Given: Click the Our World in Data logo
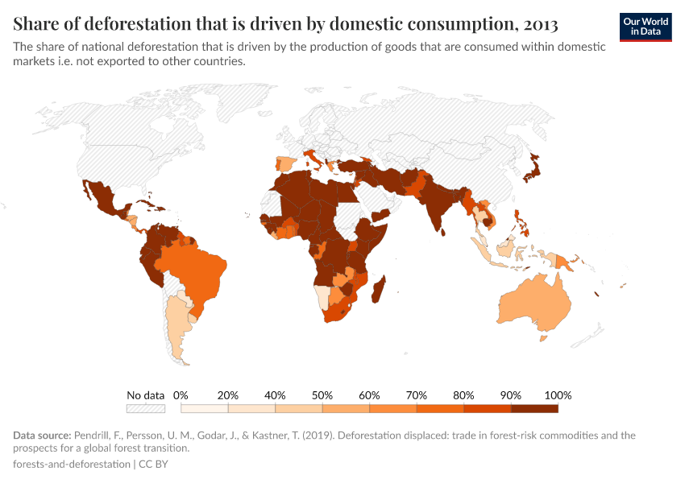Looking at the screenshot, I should pyautogui.click(x=646, y=27).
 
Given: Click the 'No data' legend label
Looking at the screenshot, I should pyautogui.click(x=146, y=395).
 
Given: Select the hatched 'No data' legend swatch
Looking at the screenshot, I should pyautogui.click(x=146, y=409).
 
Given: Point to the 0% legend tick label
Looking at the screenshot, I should pyautogui.click(x=181, y=395).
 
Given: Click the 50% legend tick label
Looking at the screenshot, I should pyautogui.click(x=322, y=395).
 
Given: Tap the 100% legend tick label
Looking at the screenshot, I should pyautogui.click(x=558, y=395).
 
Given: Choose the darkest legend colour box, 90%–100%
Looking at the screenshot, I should pyautogui.click(x=534, y=409).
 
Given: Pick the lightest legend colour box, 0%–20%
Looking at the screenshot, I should pyautogui.click(x=204, y=409).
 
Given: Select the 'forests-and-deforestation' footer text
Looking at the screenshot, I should pyautogui.click(x=71, y=464).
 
